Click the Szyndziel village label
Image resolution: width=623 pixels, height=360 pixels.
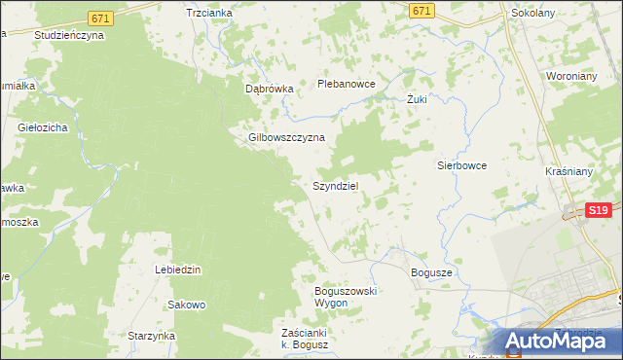click(337, 185)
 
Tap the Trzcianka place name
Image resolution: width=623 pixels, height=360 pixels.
click(208, 13)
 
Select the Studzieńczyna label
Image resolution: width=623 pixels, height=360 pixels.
click(68, 34)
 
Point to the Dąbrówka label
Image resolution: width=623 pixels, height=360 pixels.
click(269, 88)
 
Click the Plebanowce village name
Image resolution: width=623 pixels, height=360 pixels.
click(347, 84)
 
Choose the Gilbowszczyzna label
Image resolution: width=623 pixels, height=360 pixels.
click(286, 137)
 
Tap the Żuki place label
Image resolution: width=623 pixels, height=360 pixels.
click(418, 99)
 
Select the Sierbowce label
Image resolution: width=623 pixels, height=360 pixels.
click(460, 165)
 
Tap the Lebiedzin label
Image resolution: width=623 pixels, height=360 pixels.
click(178, 269)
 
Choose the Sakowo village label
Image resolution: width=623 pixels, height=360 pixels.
click(187, 305)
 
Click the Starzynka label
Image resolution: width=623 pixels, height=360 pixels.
click(151, 336)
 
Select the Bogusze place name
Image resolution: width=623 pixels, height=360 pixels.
click(432, 273)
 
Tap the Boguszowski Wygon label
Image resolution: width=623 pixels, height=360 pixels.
click(345, 297)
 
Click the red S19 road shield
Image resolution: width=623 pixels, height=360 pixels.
click(600, 209)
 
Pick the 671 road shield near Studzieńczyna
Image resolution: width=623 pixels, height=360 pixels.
click(98, 18)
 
